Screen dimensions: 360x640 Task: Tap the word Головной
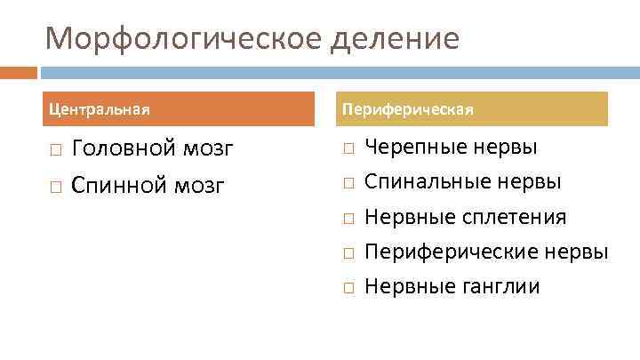pos(124,148)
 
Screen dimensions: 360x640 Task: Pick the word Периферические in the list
pos(459,252)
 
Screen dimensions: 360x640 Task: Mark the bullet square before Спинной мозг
pos(55,187)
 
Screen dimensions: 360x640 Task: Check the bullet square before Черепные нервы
pos(348,148)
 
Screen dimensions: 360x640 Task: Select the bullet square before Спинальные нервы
pos(348,184)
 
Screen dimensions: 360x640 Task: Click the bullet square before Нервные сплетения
pos(348,219)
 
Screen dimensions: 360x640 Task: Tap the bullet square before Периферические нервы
pos(348,253)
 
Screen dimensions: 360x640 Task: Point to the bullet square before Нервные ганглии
pos(348,288)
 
